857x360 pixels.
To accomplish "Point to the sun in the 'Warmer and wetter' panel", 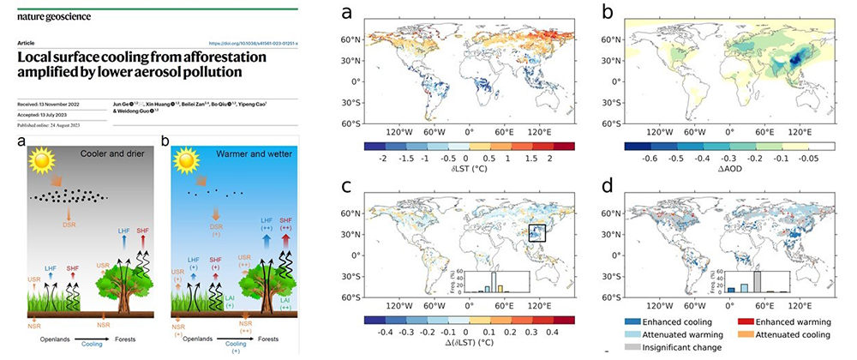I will click(x=189, y=159).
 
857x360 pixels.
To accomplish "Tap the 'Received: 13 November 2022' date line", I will click(x=51, y=105).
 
